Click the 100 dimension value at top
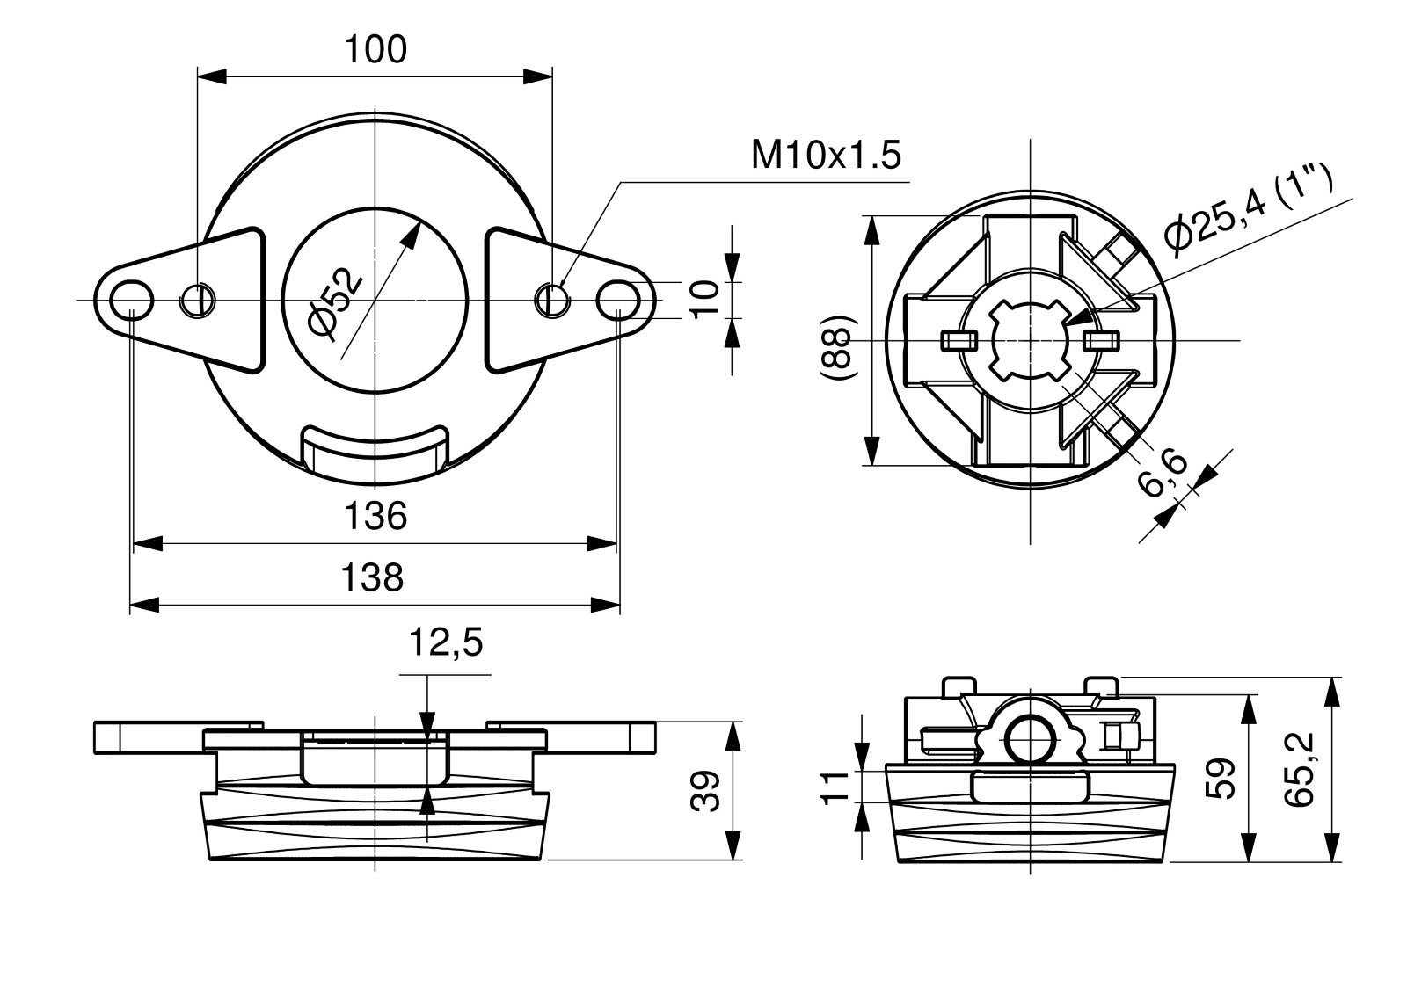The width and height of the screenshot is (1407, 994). [375, 50]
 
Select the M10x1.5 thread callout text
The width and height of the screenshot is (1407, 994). [826, 156]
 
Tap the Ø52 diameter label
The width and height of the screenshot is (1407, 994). [335, 302]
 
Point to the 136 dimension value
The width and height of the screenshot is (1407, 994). [375, 516]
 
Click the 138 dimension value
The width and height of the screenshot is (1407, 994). [372, 577]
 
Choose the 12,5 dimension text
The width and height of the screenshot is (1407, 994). [445, 644]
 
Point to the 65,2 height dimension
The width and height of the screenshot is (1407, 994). [1297, 770]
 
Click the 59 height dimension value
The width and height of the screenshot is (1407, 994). [1221, 777]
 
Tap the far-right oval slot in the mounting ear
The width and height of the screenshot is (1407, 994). [618, 300]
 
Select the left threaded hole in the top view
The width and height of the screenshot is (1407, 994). [198, 301]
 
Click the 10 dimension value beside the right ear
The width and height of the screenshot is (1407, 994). [705, 300]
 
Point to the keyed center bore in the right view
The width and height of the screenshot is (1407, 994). [1029, 339]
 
